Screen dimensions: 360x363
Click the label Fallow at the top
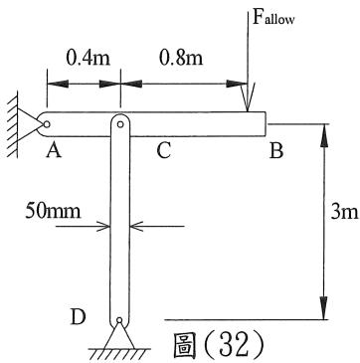click(273, 18)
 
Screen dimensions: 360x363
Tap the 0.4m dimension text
click(88, 59)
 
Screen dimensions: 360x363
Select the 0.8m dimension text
click(181, 59)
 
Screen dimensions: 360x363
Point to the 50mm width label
click(53, 210)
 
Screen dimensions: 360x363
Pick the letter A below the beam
click(54, 151)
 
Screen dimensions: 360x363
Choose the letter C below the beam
click(164, 151)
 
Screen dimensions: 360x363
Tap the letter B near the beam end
click(276, 151)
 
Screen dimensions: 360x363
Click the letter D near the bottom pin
click(79, 317)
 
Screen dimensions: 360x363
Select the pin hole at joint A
click(47, 124)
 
